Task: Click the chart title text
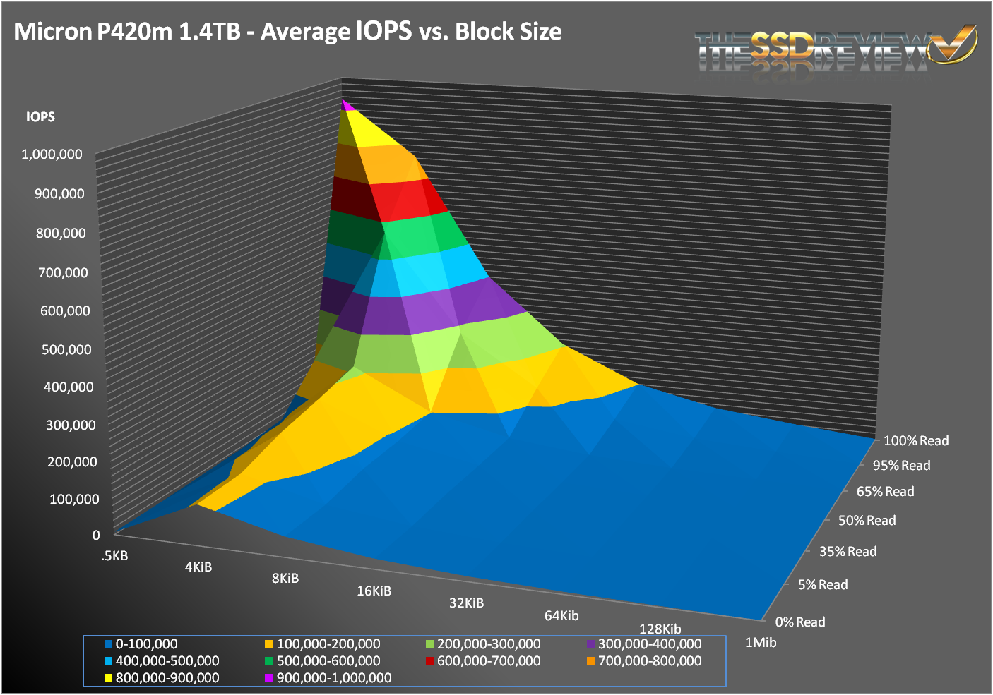pos(287,32)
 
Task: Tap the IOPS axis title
pos(40,117)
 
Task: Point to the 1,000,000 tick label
pos(52,154)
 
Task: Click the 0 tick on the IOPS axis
pos(96,535)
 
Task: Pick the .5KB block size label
pos(114,556)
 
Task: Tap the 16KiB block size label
pos(374,591)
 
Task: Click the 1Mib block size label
pos(761,643)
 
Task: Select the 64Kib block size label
pos(561,616)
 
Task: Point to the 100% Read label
pos(916,441)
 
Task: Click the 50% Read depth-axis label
pos(867,521)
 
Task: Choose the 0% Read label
pos(800,622)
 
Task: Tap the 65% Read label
pos(886,492)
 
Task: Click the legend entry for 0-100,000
pos(141,644)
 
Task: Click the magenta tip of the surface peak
pos(346,105)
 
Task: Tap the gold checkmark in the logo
pos(953,44)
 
